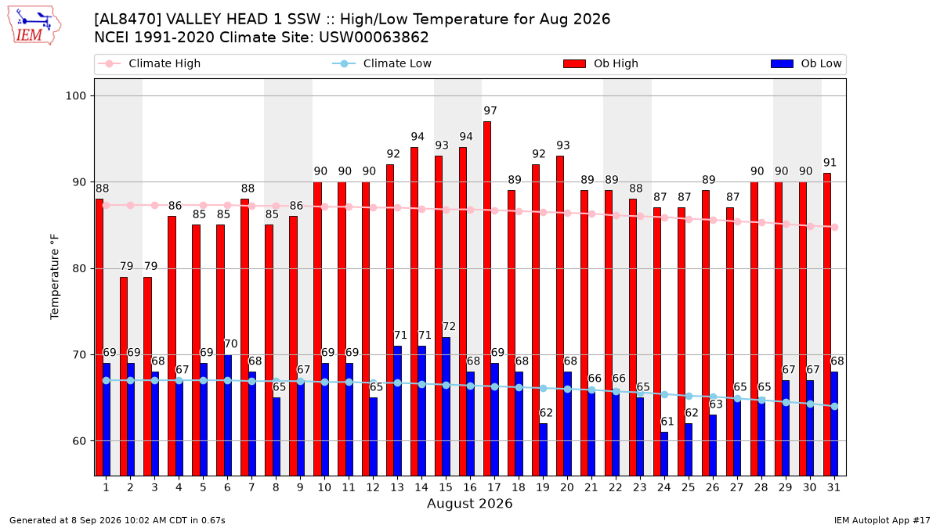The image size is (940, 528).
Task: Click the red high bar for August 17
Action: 487,298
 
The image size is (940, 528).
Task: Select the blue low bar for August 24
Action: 664,454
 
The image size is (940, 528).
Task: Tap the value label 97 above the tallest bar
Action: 490,110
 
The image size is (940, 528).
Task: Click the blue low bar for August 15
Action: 446,407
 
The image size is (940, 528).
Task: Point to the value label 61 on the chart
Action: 667,421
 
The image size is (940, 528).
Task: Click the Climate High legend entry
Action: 149,63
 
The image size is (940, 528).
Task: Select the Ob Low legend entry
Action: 806,63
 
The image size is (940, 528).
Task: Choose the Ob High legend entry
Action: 601,63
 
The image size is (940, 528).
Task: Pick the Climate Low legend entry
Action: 382,63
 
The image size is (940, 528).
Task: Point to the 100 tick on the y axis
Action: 75,96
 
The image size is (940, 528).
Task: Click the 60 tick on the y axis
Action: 79,441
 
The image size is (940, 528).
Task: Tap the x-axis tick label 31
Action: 833,487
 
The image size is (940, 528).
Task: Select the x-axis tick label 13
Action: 397,487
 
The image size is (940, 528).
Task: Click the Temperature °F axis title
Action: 55,277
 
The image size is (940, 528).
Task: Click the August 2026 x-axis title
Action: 469,503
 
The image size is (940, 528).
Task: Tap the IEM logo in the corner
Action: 34,26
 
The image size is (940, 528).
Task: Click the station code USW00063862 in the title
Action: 374,38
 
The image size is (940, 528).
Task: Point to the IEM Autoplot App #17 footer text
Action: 882,520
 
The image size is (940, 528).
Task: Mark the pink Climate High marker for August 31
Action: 835,227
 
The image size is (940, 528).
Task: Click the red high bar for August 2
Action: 124,376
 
